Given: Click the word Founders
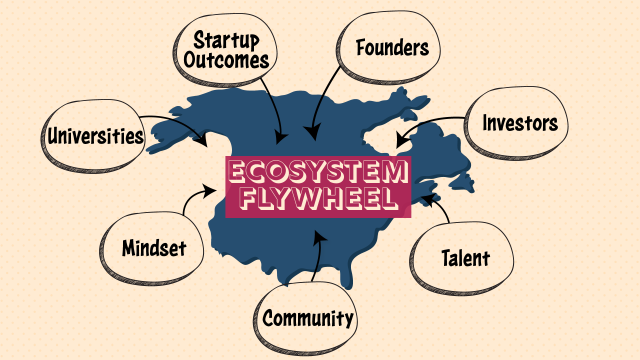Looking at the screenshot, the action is (392, 48).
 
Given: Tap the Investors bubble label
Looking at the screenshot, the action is (519, 124).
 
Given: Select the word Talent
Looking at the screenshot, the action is (465, 259).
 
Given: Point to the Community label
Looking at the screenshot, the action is (308, 319).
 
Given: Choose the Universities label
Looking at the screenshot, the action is (95, 135).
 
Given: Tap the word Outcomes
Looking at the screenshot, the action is (227, 61).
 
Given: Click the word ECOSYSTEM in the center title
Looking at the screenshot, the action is (318, 172).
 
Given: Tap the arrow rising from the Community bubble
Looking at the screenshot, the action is (318, 255).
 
